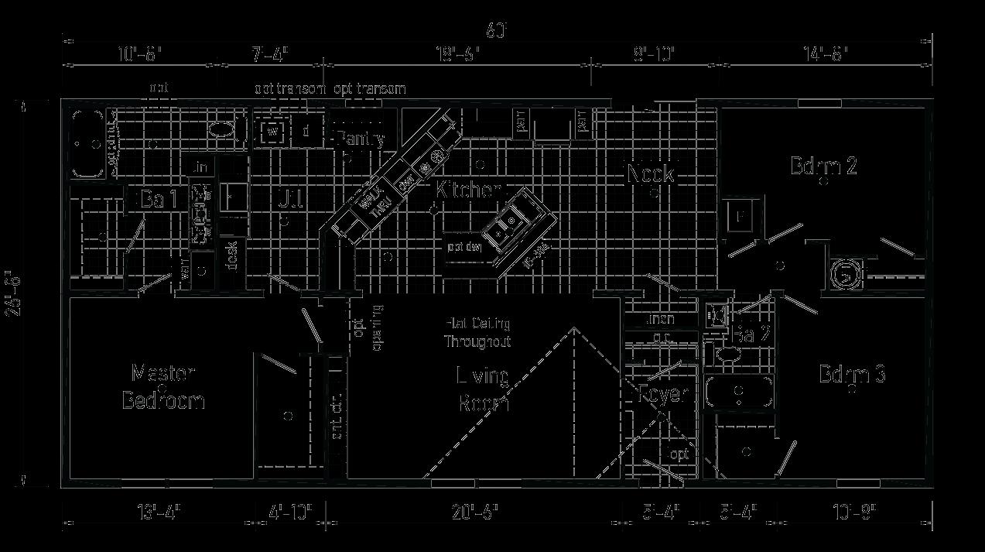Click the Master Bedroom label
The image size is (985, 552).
click(163, 387)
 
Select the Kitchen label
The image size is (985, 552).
click(468, 189)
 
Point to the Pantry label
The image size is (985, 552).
click(360, 139)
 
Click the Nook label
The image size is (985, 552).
click(650, 173)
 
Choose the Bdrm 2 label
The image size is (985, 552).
click(823, 166)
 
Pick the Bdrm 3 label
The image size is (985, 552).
click(852, 375)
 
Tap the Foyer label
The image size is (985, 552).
click(663, 394)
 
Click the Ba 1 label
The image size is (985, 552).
click(159, 199)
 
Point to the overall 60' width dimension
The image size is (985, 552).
click(496, 30)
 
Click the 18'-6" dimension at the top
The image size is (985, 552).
click(457, 54)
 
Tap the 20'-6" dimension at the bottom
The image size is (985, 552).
click(474, 512)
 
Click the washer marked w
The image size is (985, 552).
click(272, 132)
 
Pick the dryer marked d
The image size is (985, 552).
click(306, 132)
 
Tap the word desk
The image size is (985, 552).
click(231, 256)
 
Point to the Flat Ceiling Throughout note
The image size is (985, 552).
click(477, 332)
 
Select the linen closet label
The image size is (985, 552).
click(660, 319)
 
